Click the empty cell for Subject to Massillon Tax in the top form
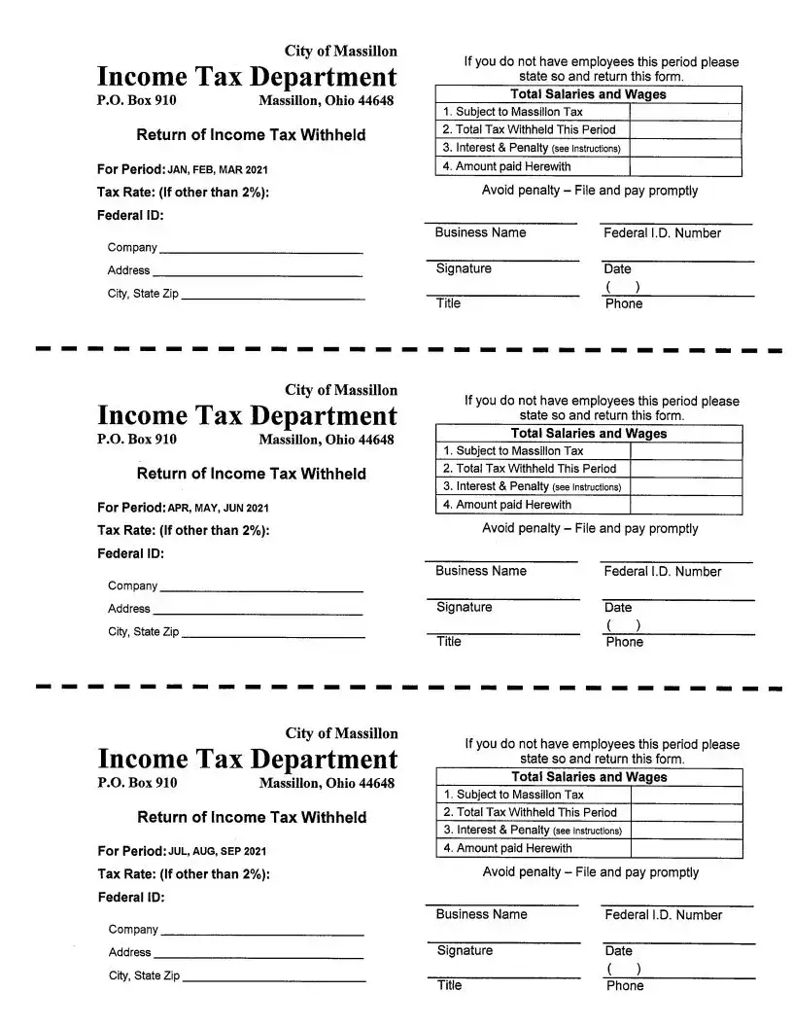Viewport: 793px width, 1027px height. tap(686, 112)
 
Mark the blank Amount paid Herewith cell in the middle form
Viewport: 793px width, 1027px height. tap(686, 505)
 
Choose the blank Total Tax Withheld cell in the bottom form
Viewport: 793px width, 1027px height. tap(686, 812)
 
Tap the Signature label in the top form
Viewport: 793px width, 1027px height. tap(464, 268)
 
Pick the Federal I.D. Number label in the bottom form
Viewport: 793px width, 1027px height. tap(663, 915)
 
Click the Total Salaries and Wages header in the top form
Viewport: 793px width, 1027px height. tap(589, 94)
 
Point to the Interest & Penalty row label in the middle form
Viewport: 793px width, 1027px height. tap(532, 486)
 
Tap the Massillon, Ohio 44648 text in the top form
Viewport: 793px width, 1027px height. tap(327, 101)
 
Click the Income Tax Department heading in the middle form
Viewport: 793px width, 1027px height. tap(247, 416)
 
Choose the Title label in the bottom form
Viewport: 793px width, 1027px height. tap(449, 985)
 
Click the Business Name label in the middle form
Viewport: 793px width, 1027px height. tap(480, 571)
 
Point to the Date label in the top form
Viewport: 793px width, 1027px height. tap(617, 268)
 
